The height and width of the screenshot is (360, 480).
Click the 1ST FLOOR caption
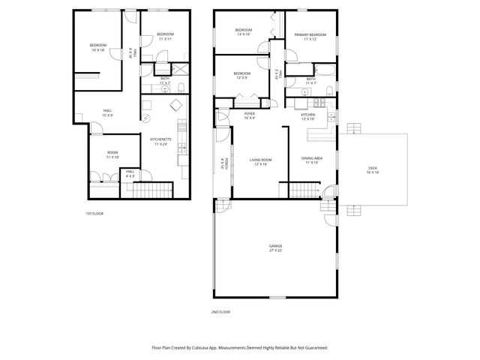tap(94, 214)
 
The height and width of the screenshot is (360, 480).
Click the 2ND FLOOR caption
tap(220, 311)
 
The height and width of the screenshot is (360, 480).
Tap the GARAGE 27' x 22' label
tap(276, 248)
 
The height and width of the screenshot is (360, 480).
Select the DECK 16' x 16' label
tap(373, 169)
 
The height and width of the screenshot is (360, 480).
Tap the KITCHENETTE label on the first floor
tap(160, 141)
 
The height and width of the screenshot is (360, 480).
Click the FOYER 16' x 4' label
tap(250, 115)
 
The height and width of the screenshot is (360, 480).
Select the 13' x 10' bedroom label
tap(244, 32)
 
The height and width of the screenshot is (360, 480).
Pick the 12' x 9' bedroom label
tap(241, 75)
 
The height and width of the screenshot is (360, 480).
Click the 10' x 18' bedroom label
tap(99, 48)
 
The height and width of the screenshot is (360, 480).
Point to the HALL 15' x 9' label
tap(108, 113)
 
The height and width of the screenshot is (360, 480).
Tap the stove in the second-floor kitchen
tap(318, 104)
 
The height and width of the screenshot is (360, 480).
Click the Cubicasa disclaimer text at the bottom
tap(240, 348)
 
